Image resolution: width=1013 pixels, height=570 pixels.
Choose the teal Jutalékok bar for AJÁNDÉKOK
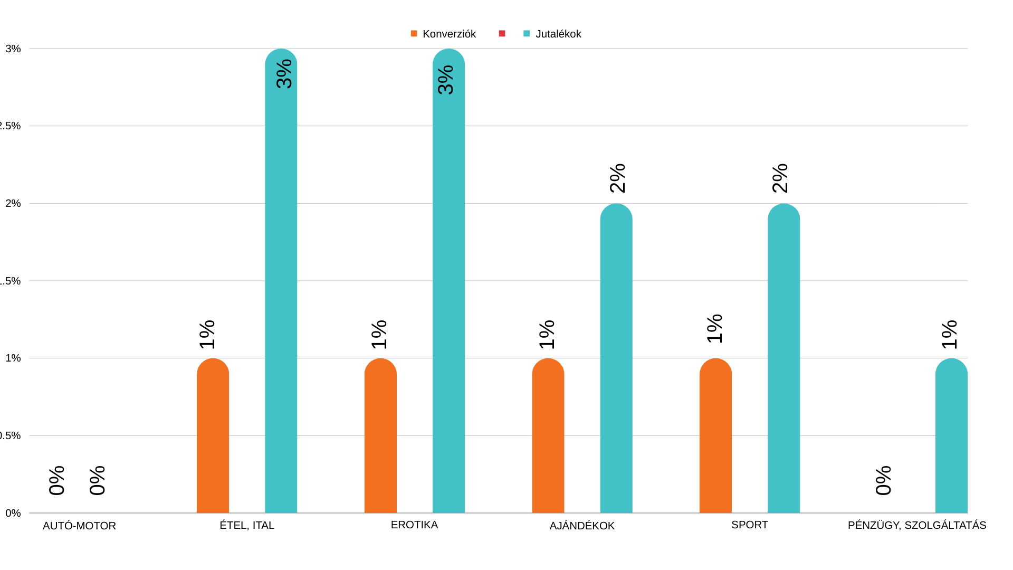point(616,358)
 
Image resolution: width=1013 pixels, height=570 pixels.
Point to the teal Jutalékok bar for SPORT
point(783,358)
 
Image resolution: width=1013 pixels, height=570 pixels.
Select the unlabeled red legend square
point(502,34)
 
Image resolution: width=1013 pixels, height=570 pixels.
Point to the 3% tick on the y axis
point(13,49)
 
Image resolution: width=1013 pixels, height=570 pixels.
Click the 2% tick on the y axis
point(13,204)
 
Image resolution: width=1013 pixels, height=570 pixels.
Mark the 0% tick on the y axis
point(13,513)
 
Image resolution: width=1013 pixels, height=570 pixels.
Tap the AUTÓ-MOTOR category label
point(79,526)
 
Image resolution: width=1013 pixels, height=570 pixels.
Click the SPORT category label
point(749,525)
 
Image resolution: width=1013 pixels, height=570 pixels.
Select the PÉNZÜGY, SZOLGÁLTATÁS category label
point(916,526)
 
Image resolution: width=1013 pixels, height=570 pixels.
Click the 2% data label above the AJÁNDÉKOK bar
point(617,178)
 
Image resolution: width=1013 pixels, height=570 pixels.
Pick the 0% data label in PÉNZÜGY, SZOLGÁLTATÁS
point(883,481)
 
